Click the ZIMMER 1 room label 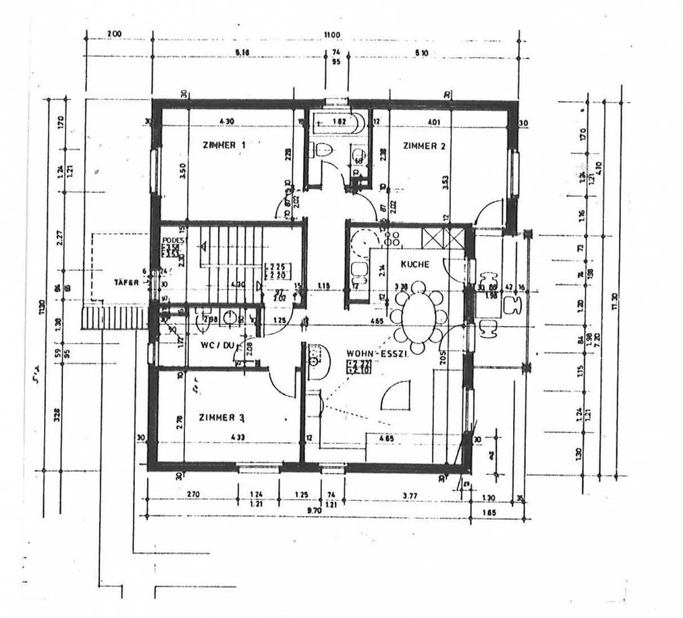[224, 145]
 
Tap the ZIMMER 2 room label [424, 146]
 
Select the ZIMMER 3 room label [222, 418]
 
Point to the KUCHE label [415, 264]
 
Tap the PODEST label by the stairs [168, 240]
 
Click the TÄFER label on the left [126, 283]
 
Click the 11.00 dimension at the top [332, 35]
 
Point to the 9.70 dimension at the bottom [314, 510]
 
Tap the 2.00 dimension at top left [114, 34]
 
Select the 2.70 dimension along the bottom [193, 495]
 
